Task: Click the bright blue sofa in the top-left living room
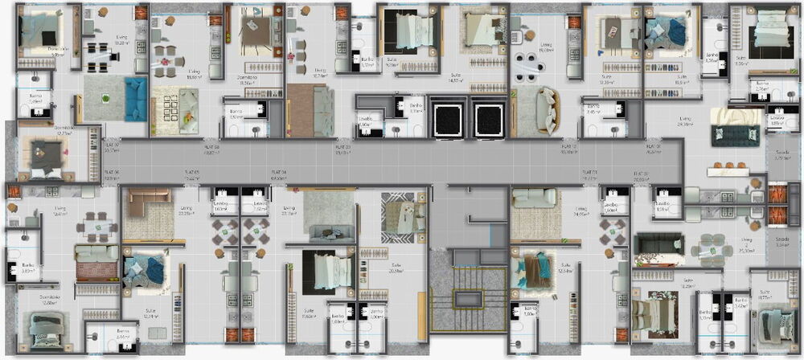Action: [x=135, y=99]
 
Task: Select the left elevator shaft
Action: [x=444, y=118]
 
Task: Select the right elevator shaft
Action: [x=488, y=118]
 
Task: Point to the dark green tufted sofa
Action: [x=734, y=135]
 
